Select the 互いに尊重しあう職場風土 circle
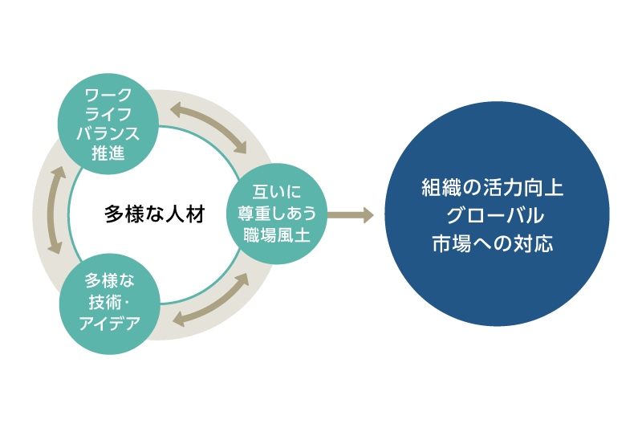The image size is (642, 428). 277,214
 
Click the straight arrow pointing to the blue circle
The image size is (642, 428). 350,214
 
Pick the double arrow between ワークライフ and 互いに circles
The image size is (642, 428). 207,127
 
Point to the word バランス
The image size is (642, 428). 108,132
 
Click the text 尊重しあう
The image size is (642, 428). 277,214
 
